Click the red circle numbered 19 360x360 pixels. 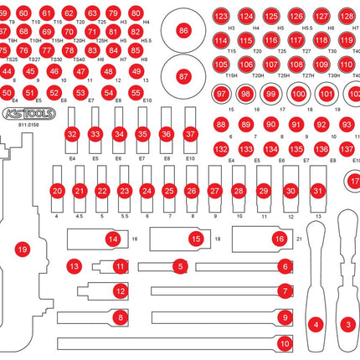[23, 248]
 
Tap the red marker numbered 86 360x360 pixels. [183, 31]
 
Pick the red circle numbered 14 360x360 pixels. [112, 239]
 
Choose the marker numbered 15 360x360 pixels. [196, 239]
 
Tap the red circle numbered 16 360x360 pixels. [280, 239]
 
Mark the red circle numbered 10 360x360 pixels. [285, 342]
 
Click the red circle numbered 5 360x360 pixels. [179, 266]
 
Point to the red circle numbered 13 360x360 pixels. [75, 266]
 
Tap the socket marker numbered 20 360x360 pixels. [57, 191]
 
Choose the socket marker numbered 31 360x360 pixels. [317, 191]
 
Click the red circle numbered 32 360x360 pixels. [73, 134]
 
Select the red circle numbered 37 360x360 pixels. [190, 134]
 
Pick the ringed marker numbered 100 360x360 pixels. [300, 95]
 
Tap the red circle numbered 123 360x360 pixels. [220, 17]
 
